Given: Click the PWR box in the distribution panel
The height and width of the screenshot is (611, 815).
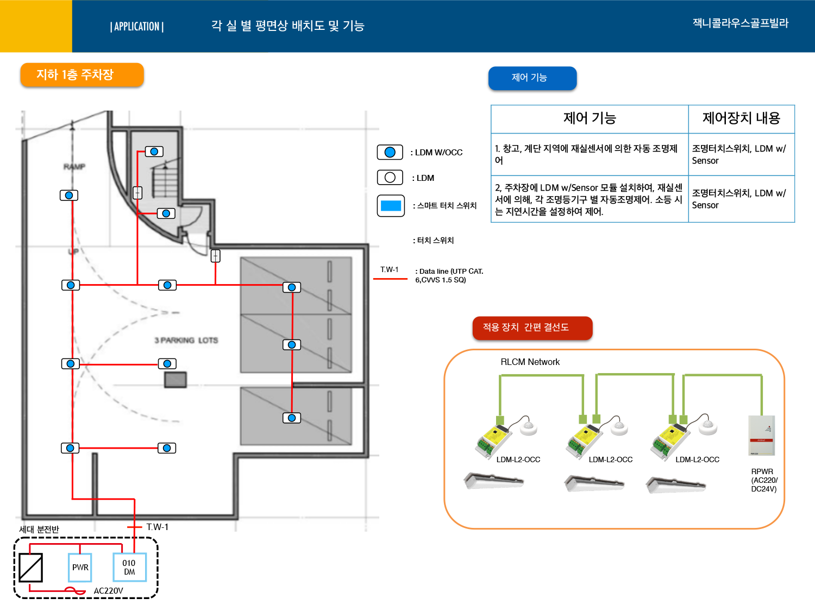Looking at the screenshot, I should [80, 567].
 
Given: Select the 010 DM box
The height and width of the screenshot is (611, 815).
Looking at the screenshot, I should [129, 567].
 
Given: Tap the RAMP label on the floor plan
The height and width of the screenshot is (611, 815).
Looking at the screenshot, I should [74, 167].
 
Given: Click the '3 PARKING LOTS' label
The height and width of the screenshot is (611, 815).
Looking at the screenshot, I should [186, 341].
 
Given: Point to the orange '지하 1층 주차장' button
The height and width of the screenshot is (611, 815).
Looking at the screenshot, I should [82, 75].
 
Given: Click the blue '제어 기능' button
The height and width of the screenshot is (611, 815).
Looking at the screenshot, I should [532, 78].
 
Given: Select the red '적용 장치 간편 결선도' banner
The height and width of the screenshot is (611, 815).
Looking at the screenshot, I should [532, 327].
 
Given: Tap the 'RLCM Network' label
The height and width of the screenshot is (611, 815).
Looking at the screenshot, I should [530, 362].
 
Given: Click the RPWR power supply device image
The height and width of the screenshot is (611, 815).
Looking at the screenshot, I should [761, 435].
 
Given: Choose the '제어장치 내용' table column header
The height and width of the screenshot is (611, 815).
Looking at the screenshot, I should [741, 118].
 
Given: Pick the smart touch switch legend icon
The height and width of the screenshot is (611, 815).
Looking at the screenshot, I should [391, 206].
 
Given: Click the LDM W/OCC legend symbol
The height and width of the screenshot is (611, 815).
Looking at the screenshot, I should [390, 152].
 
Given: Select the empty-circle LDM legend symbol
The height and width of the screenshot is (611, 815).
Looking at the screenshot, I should [390, 178].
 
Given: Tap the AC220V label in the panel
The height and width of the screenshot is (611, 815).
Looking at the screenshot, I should [108, 591].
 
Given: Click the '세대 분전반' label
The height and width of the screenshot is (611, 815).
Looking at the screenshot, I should [39, 529].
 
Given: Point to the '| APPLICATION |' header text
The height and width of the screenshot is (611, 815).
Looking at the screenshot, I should [137, 27].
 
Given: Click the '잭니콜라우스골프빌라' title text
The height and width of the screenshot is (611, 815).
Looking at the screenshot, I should [740, 23].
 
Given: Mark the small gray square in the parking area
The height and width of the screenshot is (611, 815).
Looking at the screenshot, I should [175, 380].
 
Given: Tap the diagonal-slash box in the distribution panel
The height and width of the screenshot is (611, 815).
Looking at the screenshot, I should [31, 568].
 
